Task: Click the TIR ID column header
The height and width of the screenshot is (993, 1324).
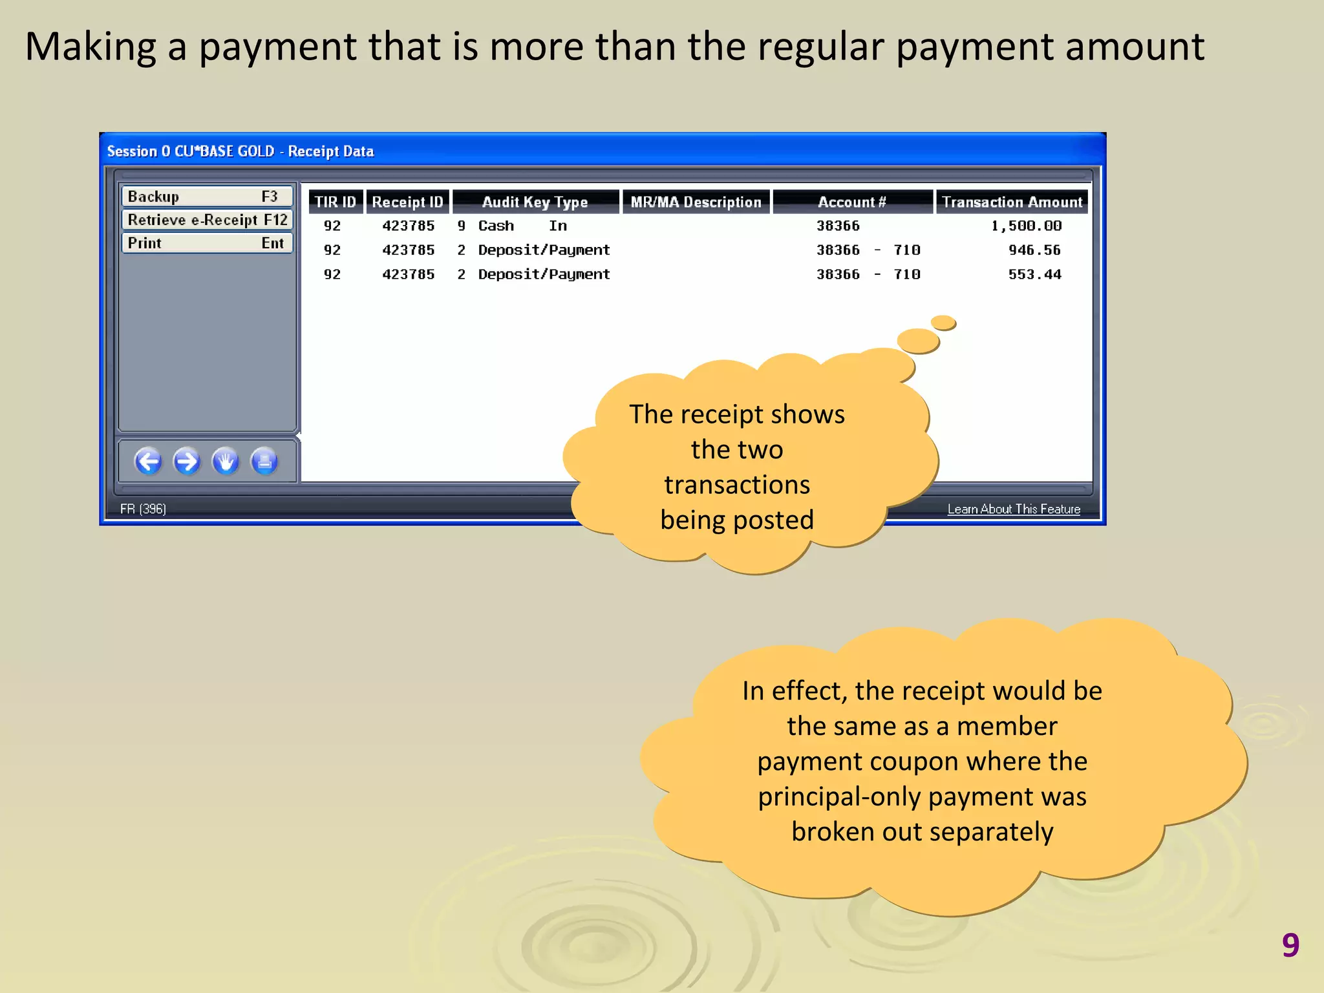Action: click(335, 202)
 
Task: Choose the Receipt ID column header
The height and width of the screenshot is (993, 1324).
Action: click(407, 202)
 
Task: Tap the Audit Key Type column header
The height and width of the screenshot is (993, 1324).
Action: click(535, 202)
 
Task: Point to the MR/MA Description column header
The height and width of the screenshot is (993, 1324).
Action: click(696, 202)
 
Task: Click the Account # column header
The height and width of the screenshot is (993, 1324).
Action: click(852, 202)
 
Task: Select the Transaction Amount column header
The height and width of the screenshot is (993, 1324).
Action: click(1012, 202)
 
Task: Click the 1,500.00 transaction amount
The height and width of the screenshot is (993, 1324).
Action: click(1026, 226)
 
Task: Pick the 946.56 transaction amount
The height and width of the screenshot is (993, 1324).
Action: click(1034, 250)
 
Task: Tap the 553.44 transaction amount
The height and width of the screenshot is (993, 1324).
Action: click(1034, 274)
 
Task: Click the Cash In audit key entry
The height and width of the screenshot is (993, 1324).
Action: click(522, 226)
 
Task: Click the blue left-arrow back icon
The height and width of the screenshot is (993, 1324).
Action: click(148, 462)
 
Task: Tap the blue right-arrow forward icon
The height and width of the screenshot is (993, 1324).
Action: click(187, 462)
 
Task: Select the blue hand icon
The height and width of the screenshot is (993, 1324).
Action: click(226, 462)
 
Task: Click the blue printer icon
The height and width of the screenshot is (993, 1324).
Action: click(264, 462)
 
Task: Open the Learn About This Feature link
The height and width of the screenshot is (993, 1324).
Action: click(1014, 509)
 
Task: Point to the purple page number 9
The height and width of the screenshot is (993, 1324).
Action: click(1290, 945)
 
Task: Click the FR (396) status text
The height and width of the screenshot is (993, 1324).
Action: click(143, 509)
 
